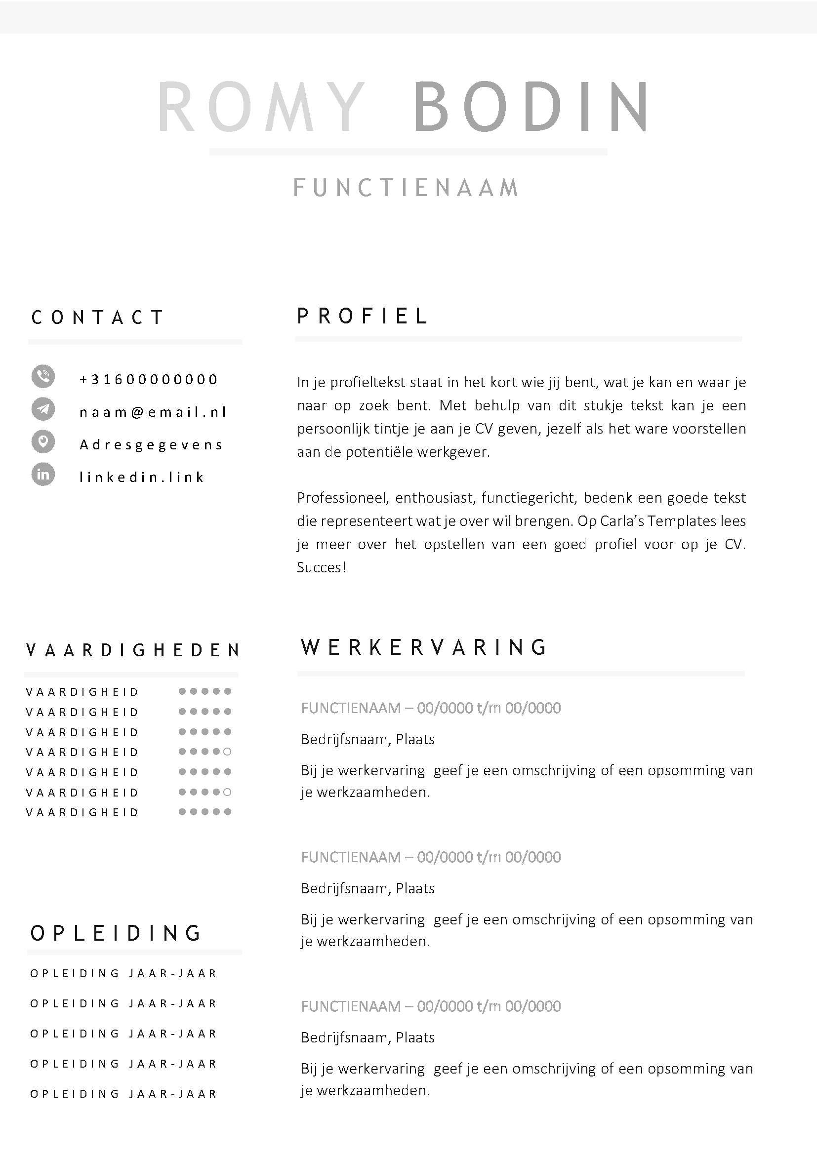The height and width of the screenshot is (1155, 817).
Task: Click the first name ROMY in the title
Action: coord(262,107)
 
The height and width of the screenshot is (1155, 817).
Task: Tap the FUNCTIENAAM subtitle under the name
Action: coord(406,188)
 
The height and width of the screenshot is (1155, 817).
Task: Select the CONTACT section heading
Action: coord(98,318)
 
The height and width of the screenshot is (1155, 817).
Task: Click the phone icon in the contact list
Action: coord(43,376)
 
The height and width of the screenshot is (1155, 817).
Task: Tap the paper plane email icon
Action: coord(43,409)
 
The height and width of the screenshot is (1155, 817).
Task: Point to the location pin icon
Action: coord(43,441)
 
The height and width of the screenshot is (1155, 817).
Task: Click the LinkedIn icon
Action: coord(43,475)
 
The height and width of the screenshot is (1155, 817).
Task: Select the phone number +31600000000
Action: coord(148,379)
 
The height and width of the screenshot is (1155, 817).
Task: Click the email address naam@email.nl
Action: coord(154,412)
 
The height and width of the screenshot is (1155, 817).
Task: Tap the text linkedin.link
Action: coord(142,477)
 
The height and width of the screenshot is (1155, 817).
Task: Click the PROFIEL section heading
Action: coord(362,316)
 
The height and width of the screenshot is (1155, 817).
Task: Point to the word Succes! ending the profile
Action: coord(321,567)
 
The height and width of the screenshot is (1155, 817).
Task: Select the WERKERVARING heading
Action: coord(424,647)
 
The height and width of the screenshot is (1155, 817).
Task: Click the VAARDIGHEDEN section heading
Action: coord(132,650)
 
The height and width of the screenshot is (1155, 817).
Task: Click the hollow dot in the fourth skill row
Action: coord(227,752)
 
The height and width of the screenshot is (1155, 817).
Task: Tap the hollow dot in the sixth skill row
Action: coord(227,792)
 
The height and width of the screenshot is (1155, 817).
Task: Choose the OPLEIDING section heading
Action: coord(116,933)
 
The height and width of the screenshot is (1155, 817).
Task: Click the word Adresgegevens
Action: coord(151,445)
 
